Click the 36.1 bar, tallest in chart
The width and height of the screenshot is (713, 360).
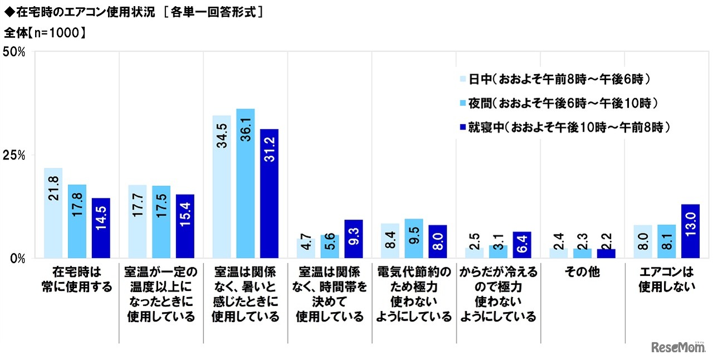245,184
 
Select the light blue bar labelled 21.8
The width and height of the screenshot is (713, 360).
53,213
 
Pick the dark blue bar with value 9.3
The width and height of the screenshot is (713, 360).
353,239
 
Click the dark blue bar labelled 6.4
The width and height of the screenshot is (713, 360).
521,245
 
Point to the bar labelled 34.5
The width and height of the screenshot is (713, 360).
221,187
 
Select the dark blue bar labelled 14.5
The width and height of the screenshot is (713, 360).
101,228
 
